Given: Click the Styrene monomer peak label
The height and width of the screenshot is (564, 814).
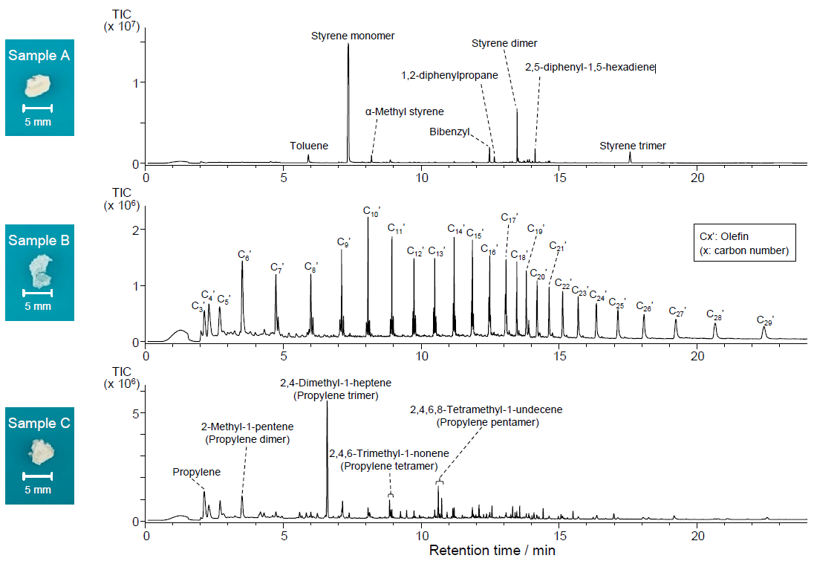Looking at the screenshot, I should pos(353,36).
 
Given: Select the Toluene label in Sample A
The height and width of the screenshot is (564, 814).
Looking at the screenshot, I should pos(309,146).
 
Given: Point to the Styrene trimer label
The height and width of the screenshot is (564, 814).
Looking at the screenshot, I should pos(633,146).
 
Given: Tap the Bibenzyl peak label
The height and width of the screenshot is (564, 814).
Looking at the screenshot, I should pos(450,132).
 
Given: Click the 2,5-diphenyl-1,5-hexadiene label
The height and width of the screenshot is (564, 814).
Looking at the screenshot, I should pos(590,68).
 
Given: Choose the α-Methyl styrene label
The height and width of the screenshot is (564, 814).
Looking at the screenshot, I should pos(404,111).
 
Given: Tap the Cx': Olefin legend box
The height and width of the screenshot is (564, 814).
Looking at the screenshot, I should pos(743,243).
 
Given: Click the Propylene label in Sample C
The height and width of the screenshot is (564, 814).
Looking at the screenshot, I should pos(197,472).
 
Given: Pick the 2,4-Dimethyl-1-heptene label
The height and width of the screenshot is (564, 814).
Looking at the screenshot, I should pos(336,383).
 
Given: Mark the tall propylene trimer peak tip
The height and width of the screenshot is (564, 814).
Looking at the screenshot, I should pos(327,402).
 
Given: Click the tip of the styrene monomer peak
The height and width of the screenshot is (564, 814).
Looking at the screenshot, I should pos(348,45).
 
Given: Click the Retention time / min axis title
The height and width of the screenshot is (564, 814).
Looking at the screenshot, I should pos(492,551).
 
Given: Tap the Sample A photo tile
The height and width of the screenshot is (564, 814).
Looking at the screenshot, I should pos(39,88).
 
